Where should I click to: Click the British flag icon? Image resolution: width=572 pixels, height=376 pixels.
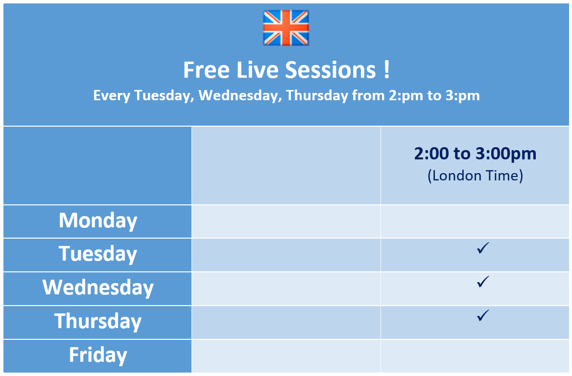click(286, 28)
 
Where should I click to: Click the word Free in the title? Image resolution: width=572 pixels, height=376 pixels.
click(206, 69)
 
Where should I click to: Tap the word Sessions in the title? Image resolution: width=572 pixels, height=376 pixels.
click(330, 69)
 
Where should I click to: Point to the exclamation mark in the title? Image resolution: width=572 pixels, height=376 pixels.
click(387, 69)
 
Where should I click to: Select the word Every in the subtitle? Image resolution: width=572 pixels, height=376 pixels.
click(112, 96)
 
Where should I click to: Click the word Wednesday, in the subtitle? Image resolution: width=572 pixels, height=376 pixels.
click(240, 95)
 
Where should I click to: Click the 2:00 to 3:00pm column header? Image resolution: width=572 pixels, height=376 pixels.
click(475, 154)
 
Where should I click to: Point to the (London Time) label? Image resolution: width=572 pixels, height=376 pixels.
click(475, 176)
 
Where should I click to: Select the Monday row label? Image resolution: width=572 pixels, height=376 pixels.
click(98, 221)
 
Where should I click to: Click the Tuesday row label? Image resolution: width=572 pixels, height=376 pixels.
click(98, 254)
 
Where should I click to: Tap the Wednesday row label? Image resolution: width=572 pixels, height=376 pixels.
click(98, 288)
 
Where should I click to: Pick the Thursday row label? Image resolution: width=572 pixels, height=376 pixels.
click(98, 321)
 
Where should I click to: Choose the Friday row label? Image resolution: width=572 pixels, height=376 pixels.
click(98, 355)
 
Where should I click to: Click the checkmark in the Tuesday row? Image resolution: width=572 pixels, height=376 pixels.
click(483, 248)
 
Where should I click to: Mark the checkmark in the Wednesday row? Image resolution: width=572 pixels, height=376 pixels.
click(483, 282)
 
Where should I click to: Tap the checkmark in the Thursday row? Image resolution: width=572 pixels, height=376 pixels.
click(483, 315)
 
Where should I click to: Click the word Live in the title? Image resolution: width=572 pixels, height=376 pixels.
click(257, 69)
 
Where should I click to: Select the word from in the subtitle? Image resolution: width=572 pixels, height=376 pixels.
click(368, 95)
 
